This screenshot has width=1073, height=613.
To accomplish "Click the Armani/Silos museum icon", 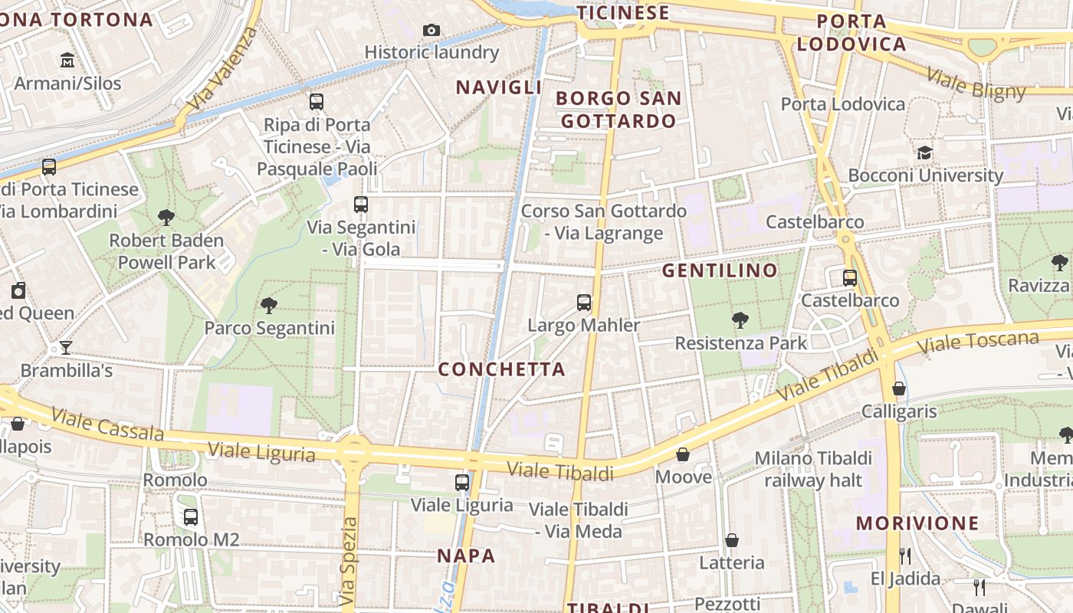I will (x=67, y=60).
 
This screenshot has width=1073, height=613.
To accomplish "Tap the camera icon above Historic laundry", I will (x=431, y=30).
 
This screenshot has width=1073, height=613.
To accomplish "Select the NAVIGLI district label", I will (x=499, y=87).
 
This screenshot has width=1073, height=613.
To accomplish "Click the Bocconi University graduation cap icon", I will (x=925, y=152).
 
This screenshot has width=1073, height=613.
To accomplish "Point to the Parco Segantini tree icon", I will (x=269, y=306).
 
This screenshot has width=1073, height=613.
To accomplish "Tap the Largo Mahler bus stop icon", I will (x=584, y=302).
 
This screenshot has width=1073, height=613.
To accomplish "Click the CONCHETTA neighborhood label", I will (x=501, y=369).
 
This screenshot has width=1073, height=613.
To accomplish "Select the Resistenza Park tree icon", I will (x=740, y=320).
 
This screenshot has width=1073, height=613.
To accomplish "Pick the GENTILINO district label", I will (x=720, y=270).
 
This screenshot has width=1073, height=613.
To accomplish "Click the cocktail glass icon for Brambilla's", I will (x=66, y=348).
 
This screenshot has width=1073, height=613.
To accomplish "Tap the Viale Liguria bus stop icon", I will (x=462, y=482).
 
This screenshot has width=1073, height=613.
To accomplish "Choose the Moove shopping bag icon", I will (x=683, y=454).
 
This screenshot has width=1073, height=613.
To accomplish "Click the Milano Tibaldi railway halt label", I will (x=813, y=469).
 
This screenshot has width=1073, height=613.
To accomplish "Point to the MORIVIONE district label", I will (x=917, y=524).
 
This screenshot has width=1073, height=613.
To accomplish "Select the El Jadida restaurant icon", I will (x=905, y=556).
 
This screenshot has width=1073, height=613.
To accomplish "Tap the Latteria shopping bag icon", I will (x=732, y=540).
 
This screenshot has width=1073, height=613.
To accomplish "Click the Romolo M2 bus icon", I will (x=191, y=517).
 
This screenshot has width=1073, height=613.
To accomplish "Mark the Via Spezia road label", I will (x=349, y=560).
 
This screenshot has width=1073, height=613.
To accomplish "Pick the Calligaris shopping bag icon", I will (x=899, y=388).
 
